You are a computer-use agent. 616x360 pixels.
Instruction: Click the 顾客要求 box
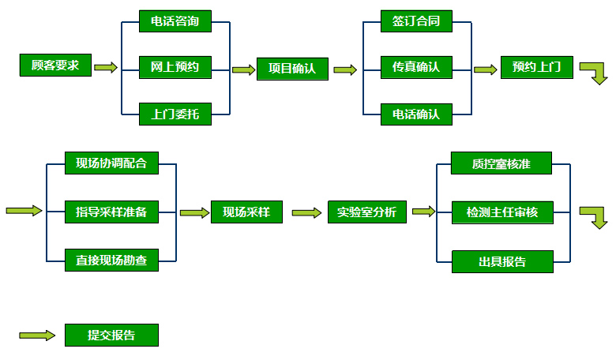pyautogui.click(x=55, y=66)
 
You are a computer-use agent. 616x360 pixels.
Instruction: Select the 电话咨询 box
pyautogui.click(x=175, y=21)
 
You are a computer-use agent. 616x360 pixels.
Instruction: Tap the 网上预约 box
pyautogui.click(x=175, y=67)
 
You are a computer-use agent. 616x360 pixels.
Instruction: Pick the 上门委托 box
pyautogui.click(x=175, y=114)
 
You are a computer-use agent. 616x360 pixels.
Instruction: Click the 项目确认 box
pyautogui.click(x=291, y=69)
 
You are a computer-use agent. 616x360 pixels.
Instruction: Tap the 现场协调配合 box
pyautogui.click(x=111, y=163)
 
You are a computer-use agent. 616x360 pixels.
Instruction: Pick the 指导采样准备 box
pyautogui.click(x=111, y=212)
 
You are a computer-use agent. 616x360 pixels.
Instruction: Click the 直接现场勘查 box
pyautogui.click(x=111, y=259)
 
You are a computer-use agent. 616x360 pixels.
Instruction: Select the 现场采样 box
pyautogui.click(x=246, y=212)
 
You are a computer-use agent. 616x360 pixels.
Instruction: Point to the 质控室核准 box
pyautogui.click(x=501, y=163)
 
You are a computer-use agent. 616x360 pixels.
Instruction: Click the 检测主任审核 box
pyautogui.click(x=501, y=212)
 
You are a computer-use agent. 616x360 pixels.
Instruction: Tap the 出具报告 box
pyautogui.click(x=501, y=261)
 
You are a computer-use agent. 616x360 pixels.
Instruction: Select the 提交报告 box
pyautogui.click(x=111, y=335)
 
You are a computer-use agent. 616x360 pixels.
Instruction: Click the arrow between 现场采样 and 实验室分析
pyautogui.click(x=305, y=212)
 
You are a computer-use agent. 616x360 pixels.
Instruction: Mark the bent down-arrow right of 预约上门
pyautogui.click(x=595, y=72)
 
